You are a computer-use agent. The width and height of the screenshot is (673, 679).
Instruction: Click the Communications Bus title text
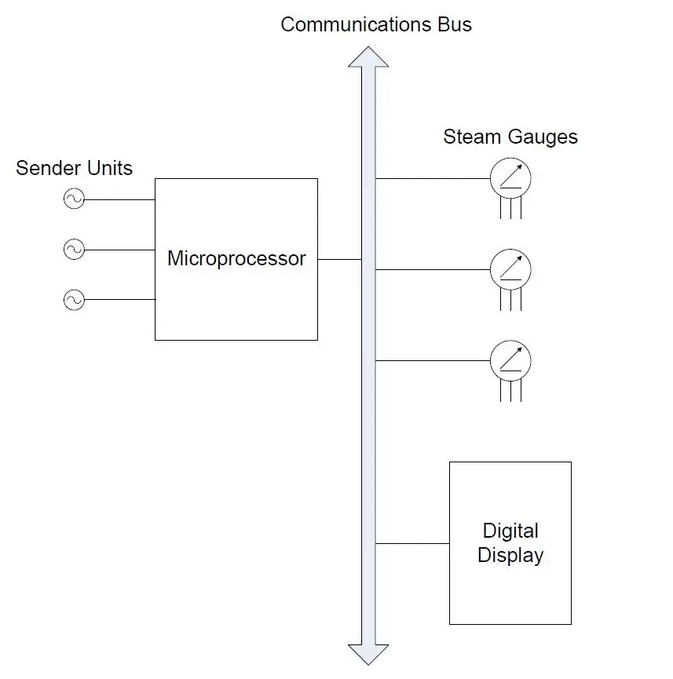(376, 24)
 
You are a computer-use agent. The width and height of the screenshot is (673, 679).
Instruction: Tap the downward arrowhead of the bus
(368, 655)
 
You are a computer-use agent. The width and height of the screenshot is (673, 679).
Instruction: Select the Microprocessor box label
(236, 258)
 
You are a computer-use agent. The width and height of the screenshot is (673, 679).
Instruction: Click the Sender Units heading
(74, 168)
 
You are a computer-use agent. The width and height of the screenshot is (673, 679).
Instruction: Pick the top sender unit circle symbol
(74, 199)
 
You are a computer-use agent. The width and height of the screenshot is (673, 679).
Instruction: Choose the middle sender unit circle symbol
(74, 250)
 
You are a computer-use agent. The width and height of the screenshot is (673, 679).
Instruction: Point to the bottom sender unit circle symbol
(74, 300)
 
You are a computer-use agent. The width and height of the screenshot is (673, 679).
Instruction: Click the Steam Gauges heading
(510, 137)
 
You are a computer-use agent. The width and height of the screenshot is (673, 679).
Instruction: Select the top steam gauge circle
(510, 179)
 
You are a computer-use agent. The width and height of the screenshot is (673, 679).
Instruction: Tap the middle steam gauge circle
(510, 270)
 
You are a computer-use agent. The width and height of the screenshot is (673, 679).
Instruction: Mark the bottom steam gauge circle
(510, 361)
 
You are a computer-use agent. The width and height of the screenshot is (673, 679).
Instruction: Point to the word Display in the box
(510, 555)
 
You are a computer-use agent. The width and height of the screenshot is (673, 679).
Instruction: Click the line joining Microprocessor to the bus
(339, 259)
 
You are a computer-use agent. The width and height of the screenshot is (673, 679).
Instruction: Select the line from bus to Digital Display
(412, 543)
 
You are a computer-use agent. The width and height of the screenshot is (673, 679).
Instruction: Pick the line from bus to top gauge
(433, 178)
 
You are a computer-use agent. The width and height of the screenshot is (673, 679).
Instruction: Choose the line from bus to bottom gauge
(433, 360)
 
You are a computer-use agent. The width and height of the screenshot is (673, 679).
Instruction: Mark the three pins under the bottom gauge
(510, 390)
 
